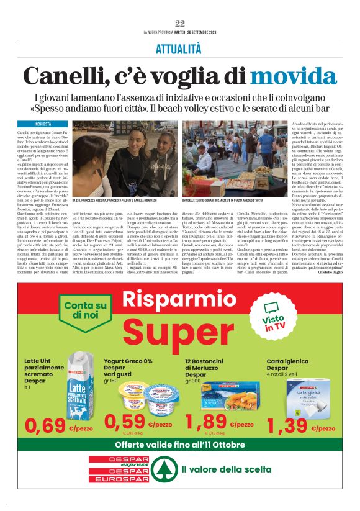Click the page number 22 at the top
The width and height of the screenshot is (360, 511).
pos(180,24)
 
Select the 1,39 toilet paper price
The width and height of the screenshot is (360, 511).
pos(289,425)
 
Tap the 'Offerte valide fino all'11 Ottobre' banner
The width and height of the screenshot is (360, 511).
pos(180,445)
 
